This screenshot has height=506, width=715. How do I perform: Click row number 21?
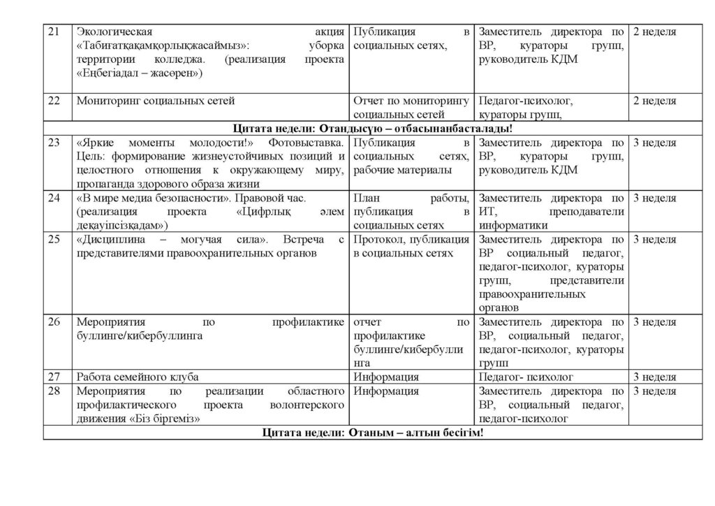53,31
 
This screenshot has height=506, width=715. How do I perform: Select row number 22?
53,101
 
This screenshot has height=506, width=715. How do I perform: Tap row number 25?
53,240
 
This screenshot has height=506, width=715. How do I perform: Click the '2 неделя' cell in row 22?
654,101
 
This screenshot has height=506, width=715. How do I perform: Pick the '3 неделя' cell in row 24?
654,198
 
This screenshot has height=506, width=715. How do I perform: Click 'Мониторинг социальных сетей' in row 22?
155,101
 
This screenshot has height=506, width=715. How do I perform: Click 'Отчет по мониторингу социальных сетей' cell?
411,108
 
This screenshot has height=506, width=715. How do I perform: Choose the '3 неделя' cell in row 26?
654,322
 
